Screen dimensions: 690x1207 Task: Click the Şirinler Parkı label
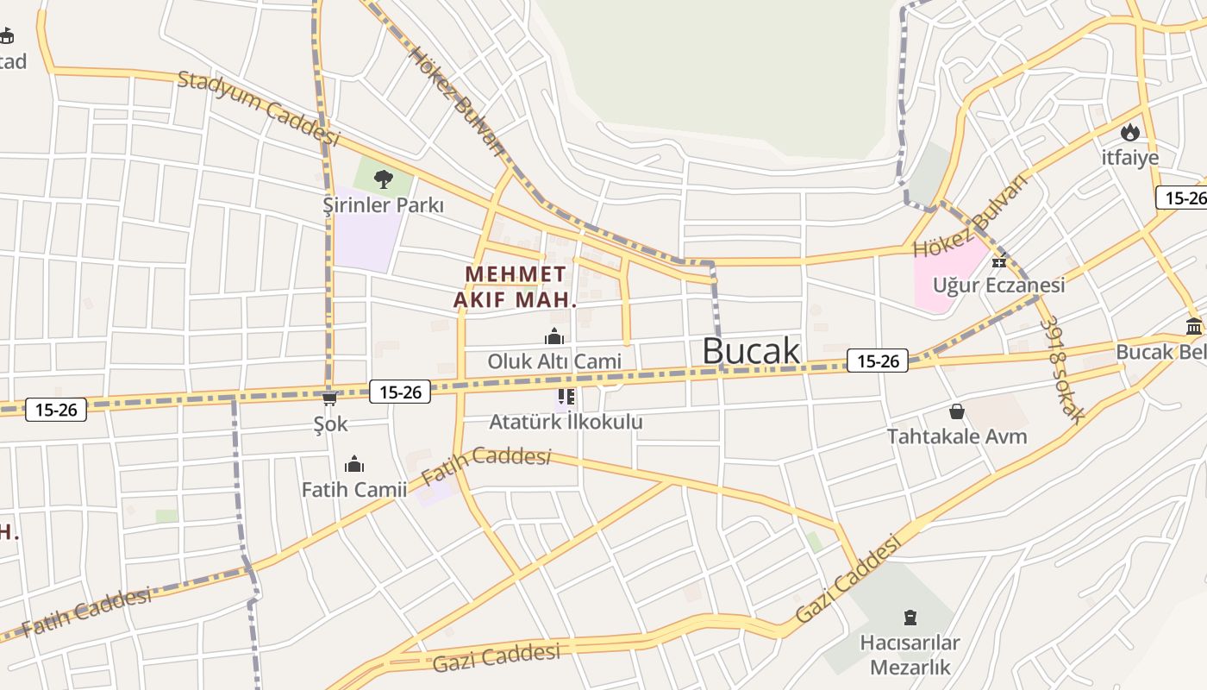(383, 205)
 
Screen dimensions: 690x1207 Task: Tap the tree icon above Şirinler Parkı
(383, 179)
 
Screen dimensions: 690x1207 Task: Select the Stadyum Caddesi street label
(259, 108)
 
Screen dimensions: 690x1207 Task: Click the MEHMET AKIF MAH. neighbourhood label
(516, 287)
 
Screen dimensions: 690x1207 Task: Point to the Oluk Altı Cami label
(554, 361)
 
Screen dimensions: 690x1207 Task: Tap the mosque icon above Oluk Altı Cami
(554, 336)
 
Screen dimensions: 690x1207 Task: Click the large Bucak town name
(751, 351)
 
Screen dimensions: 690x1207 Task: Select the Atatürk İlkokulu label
(566, 422)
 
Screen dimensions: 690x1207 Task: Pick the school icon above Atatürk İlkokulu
(566, 397)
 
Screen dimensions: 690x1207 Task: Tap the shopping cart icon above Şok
(329, 398)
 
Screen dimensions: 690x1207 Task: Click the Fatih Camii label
(353, 490)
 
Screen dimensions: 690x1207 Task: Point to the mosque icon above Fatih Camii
(353, 465)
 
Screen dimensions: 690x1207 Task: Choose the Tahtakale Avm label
(957, 436)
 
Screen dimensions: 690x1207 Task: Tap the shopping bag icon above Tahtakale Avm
(956, 411)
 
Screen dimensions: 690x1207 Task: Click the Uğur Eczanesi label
(998, 285)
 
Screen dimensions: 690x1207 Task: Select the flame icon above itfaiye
(1129, 132)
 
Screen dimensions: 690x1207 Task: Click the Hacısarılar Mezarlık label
(910, 655)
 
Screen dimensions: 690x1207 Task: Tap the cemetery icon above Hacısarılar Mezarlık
(910, 618)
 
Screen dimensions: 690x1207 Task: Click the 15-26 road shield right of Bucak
(878, 361)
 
